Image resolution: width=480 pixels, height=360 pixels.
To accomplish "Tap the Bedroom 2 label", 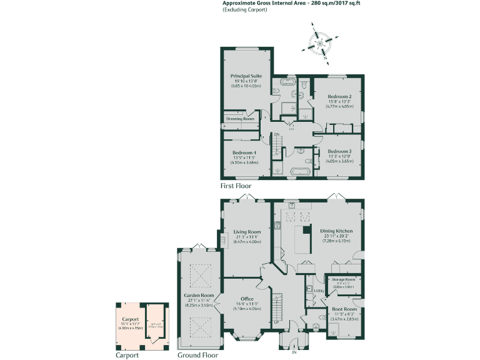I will pyautogui.click(x=339, y=97).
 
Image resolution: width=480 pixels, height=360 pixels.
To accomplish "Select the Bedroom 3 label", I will pyautogui.click(x=339, y=151).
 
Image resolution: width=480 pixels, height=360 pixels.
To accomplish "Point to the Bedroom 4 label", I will pyautogui.click(x=244, y=153).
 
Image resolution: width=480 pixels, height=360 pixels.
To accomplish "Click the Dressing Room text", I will pyautogui.click(x=240, y=119).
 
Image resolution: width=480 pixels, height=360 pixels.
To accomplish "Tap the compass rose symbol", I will pyautogui.click(x=321, y=44).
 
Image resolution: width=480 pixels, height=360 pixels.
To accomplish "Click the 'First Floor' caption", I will pyautogui.click(x=236, y=186).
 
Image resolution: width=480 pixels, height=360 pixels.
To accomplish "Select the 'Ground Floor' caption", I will pyautogui.click(x=197, y=354).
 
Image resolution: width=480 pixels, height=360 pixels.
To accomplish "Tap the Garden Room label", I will pyautogui.click(x=199, y=295).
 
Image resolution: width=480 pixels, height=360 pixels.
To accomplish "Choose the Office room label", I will pyautogui.click(x=247, y=299).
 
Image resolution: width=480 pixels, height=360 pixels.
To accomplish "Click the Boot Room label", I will pyautogui.click(x=344, y=309).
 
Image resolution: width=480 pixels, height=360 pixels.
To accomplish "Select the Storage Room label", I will pyautogui.click(x=343, y=279).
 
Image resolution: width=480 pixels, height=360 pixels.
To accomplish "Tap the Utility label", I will pyautogui.click(x=318, y=291).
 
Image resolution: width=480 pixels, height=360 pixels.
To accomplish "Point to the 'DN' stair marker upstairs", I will pyautogui.click(x=276, y=134).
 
